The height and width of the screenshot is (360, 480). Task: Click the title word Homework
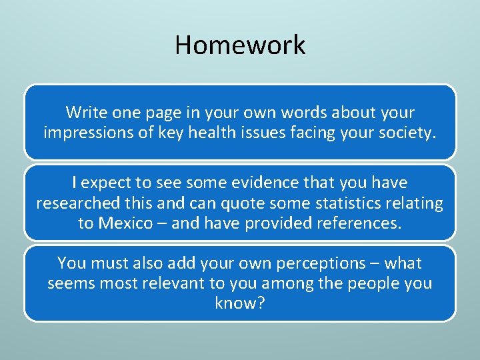pos(240,45)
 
